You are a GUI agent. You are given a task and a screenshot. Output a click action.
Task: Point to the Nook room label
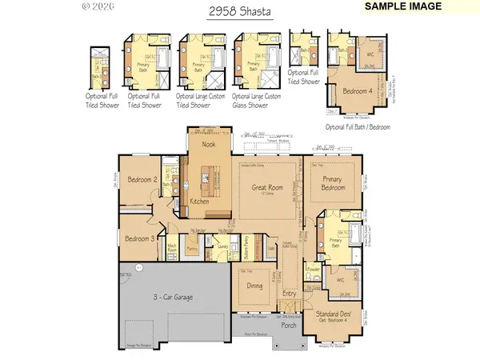click(x=209, y=145)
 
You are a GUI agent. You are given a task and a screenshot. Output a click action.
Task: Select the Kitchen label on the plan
click(x=200, y=202)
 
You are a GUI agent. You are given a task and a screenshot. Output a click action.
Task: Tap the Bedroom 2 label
click(x=142, y=180)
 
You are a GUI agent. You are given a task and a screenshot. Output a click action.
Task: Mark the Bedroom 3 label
click(x=139, y=238)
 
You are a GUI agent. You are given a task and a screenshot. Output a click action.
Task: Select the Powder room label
click(x=314, y=270)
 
